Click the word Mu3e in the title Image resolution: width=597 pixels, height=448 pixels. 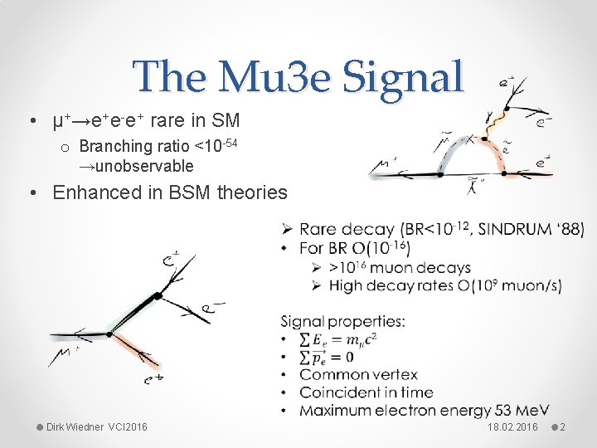tap(263, 77)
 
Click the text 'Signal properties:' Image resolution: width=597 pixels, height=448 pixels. tap(342, 321)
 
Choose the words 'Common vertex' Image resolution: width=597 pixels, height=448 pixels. tap(358, 375)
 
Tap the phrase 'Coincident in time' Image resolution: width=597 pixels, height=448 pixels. tap(366, 392)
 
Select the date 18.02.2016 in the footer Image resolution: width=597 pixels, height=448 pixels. tap(513, 427)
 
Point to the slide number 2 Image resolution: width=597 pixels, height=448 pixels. tap(562, 427)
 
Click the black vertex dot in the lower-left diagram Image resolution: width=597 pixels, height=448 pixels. tap(157, 295)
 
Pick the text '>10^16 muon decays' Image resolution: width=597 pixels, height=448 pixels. tap(400, 268)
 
